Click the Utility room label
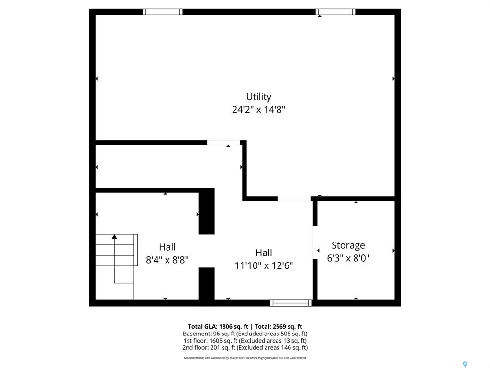tap(258, 97)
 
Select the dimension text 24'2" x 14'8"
tap(258, 110)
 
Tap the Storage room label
tap(348, 245)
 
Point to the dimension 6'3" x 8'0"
tap(348, 258)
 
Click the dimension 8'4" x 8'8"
tap(167, 260)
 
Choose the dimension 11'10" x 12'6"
tap(264, 265)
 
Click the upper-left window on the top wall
tap(163, 12)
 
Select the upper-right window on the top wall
tap(335, 12)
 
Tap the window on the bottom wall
tap(290, 303)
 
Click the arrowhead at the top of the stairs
tap(115, 237)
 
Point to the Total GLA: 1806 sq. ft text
tap(218, 327)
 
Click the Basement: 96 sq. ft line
tap(245, 333)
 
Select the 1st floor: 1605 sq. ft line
tap(245, 341)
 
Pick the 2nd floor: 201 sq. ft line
tap(245, 347)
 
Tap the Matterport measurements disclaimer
tap(245, 358)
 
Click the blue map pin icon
tap(465, 364)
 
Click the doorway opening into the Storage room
tap(315, 242)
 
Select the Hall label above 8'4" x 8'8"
tap(167, 247)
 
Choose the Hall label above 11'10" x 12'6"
tap(264, 253)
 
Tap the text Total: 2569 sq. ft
tap(278, 327)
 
